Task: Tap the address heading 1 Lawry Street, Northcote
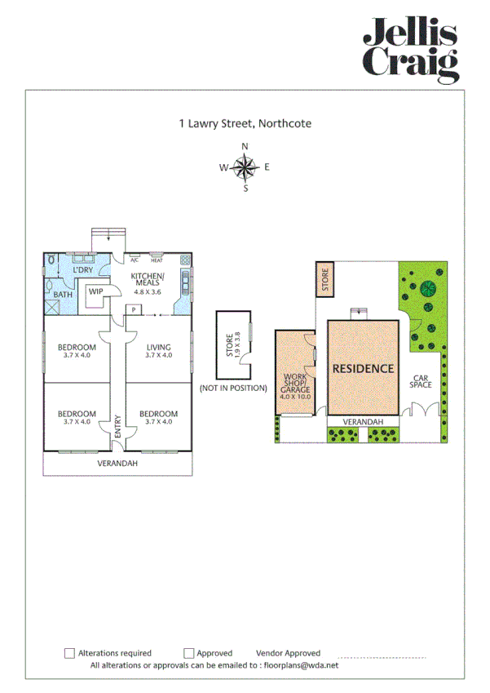click(x=245, y=124)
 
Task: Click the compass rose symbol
click(x=245, y=168)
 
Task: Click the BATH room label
click(x=63, y=295)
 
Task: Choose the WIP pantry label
click(x=95, y=291)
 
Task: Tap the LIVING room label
click(x=159, y=346)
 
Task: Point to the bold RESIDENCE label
click(x=363, y=368)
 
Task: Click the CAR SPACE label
click(x=421, y=381)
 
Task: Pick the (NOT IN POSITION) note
click(x=234, y=389)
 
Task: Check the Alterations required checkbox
click(x=69, y=653)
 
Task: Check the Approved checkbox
click(x=188, y=653)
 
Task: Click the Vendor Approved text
click(x=288, y=653)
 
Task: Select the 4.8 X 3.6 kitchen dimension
click(x=148, y=291)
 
